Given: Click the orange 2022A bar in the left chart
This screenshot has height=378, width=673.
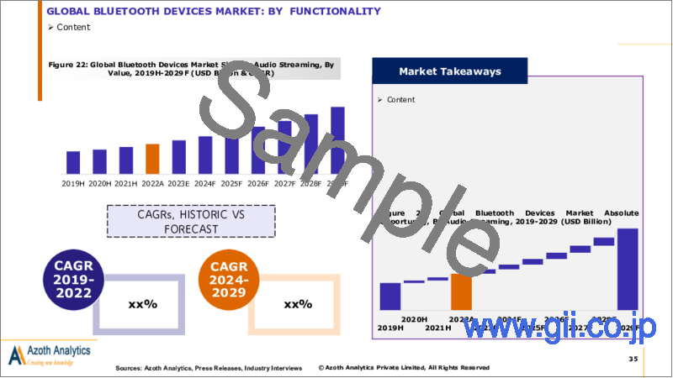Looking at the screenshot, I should click(x=152, y=158).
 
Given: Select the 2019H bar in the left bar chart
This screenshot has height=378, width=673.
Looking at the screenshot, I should click(x=73, y=161).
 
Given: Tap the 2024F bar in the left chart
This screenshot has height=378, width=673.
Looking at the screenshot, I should click(x=204, y=154).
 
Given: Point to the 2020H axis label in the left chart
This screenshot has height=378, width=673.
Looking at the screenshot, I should click(x=99, y=182).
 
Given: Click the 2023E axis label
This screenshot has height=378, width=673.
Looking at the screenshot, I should click(x=178, y=182).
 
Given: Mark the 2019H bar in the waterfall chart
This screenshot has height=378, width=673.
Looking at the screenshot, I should click(x=390, y=296).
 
